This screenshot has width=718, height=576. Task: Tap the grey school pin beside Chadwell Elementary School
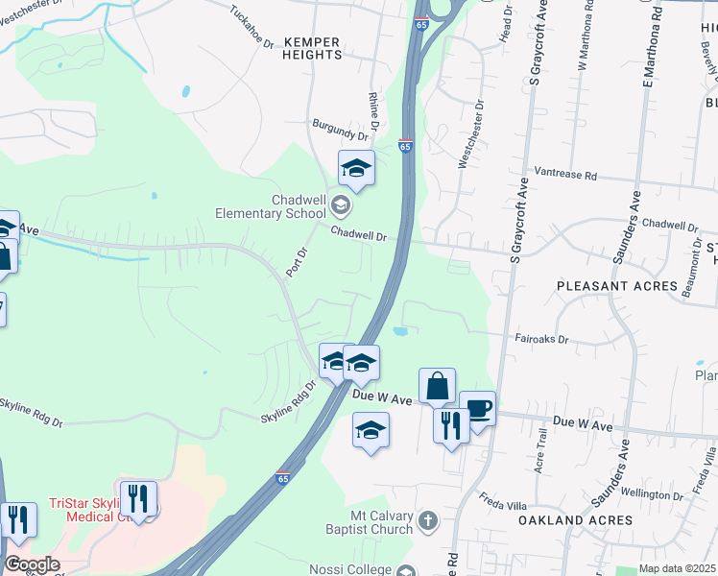[339, 204]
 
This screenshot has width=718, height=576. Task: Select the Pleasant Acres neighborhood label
[617, 286]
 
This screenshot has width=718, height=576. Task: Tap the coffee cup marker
[478, 408]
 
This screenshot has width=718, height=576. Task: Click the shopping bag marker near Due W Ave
[437, 386]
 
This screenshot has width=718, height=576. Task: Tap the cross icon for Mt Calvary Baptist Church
[428, 522]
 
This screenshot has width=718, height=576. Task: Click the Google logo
[32, 564]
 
